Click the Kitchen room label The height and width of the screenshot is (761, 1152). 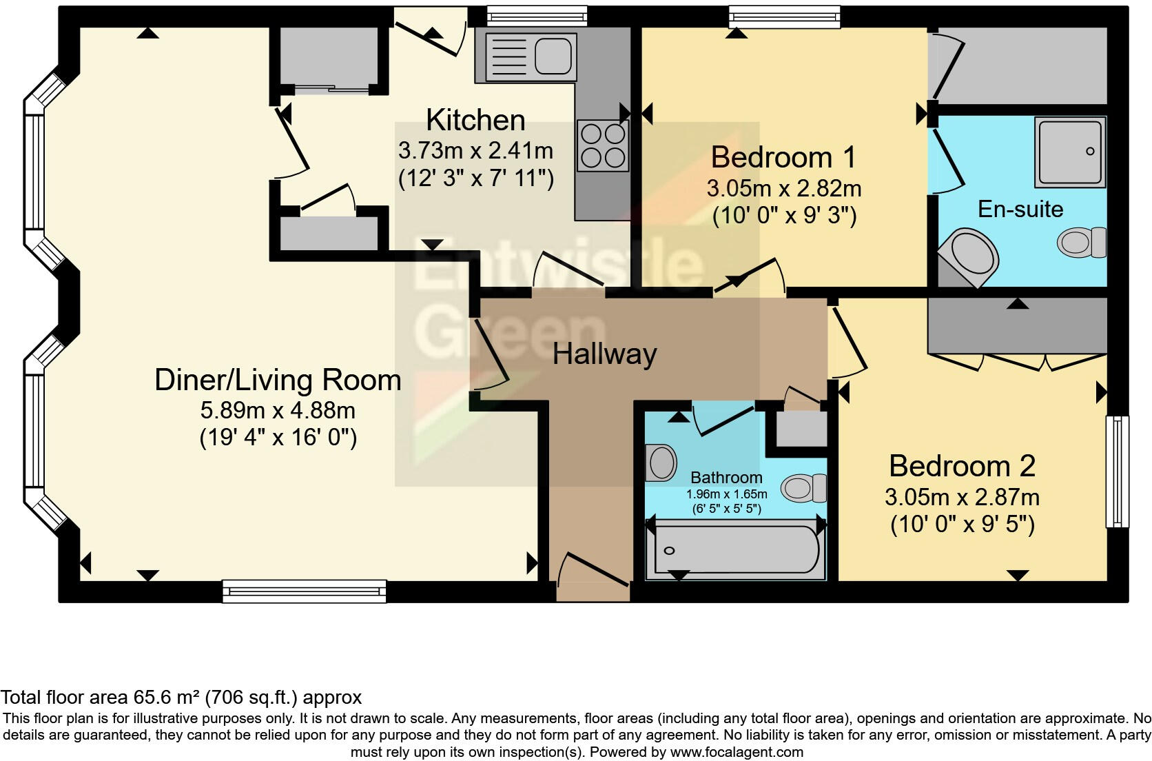[475, 121]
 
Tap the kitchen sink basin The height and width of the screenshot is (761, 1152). [553, 57]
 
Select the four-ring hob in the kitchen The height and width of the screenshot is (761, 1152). [603, 145]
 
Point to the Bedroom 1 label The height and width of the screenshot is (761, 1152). [783, 157]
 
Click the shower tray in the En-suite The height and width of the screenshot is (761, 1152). [1070, 152]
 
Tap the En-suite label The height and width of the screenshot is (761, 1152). [1020, 210]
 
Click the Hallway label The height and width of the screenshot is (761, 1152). [604, 354]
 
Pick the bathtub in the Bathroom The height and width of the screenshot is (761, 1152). [735, 549]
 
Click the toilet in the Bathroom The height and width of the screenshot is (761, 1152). [803, 488]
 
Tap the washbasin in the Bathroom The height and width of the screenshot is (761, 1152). [661, 463]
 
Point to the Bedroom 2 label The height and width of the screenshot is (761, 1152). [962, 466]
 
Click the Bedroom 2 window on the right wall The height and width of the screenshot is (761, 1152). [1117, 471]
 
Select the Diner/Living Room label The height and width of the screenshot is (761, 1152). [278, 380]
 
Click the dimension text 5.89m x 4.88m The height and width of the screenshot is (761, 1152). [278, 411]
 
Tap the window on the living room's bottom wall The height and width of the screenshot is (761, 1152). [305, 591]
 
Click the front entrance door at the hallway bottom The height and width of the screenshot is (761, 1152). [593, 570]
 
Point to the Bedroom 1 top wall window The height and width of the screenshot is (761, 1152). [785, 17]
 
